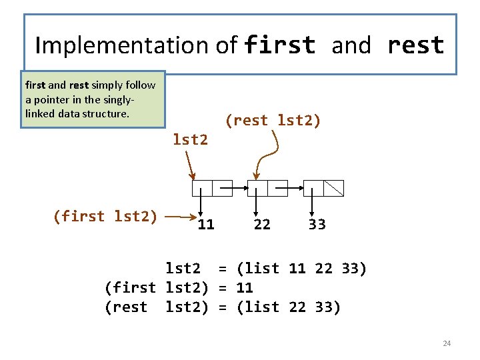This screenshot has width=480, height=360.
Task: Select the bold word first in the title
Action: pos(280,45)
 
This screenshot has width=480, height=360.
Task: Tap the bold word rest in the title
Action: pos(415,45)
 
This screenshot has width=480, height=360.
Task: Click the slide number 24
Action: pos(447,343)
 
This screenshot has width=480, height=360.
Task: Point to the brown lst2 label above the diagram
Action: pos(190,140)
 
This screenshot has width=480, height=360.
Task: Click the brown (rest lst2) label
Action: pos(273,121)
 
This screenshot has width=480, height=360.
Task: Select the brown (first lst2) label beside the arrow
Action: pos(105,216)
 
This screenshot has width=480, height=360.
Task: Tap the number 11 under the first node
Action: pos(206,225)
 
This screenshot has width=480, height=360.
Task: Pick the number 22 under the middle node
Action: pos(262,225)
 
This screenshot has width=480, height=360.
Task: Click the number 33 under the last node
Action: pos(317,225)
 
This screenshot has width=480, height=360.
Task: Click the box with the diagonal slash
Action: pos(333,188)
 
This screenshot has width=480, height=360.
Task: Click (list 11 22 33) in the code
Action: pos(301,269)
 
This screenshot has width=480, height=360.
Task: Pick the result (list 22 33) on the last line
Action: pos(289,307)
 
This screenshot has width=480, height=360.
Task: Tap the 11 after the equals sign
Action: pos(245,288)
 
